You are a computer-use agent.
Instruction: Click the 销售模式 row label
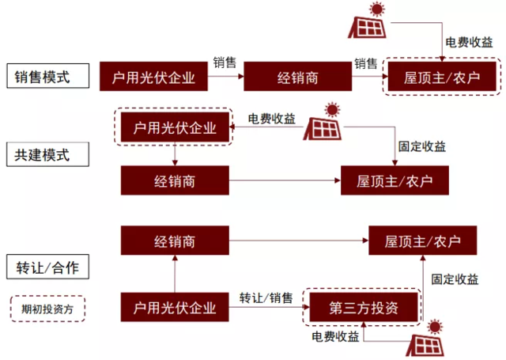coord(43,78)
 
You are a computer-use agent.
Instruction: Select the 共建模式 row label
coord(43,154)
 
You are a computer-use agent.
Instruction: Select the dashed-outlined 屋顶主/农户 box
coord(443,78)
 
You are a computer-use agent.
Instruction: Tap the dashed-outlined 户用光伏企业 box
coord(175,126)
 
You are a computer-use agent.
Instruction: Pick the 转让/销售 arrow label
coord(266,298)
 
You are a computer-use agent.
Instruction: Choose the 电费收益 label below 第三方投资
coord(335,337)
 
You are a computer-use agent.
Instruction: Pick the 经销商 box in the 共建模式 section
coord(175,181)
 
